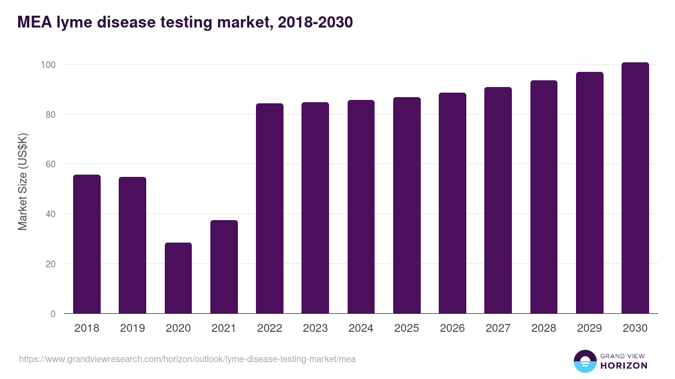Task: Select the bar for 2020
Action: [x=178, y=278]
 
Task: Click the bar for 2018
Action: [x=87, y=244]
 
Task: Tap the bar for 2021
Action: [x=224, y=267]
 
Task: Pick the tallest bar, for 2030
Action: [x=635, y=188]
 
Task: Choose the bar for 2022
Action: [x=269, y=208]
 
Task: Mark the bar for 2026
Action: [x=452, y=203]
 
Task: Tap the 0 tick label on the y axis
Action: [x=53, y=314]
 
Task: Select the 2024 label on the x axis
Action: [x=361, y=328]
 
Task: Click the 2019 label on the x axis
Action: [x=132, y=328]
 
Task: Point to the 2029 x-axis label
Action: [x=589, y=328]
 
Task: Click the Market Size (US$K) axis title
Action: [x=22, y=181]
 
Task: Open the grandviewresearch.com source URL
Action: [x=187, y=359]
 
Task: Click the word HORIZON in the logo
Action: [x=624, y=366]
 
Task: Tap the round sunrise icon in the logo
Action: [x=584, y=361]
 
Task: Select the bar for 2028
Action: [x=543, y=197]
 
